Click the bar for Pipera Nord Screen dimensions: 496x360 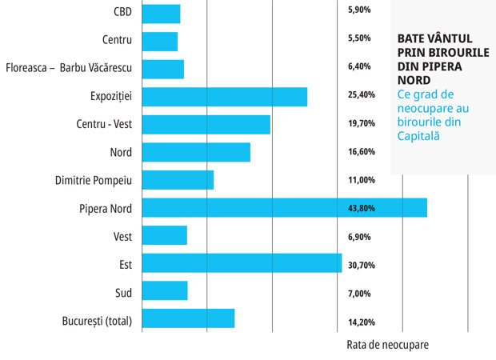point(285,208)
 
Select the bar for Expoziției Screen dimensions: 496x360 point(225,97)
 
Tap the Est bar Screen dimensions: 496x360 point(242,263)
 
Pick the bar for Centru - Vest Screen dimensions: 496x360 point(206,125)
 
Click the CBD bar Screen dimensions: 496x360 point(162,14)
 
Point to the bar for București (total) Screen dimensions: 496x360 point(189,318)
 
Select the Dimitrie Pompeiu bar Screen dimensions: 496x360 point(178,180)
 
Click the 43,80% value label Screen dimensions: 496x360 point(362,208)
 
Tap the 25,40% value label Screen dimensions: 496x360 point(362,94)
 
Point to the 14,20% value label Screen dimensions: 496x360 point(362,322)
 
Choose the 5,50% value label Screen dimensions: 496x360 point(359,38)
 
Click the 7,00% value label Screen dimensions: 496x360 point(359,294)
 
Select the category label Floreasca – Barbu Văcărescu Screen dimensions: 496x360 point(69,68)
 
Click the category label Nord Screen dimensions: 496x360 point(121,153)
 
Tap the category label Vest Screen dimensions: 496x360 point(122,237)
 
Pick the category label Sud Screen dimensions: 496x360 point(124,293)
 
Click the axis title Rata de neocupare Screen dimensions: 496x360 point(387,345)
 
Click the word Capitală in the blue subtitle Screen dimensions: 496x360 point(418,136)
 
